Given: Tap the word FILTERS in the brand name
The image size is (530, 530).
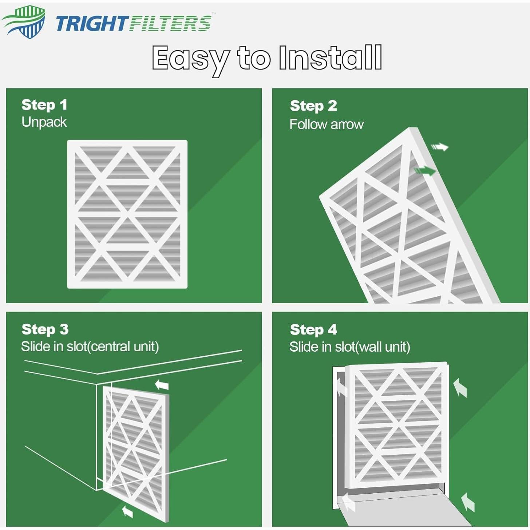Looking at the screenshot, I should pyautogui.click(x=170, y=23).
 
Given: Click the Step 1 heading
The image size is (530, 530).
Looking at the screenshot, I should pyautogui.click(x=44, y=105).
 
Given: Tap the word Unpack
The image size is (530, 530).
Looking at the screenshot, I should pyautogui.click(x=44, y=122).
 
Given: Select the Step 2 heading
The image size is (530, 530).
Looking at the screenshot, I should pyautogui.click(x=313, y=106).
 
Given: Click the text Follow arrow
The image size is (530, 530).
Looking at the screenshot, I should pyautogui.click(x=327, y=124).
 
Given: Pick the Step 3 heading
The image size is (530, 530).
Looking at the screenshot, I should pyautogui.click(x=45, y=329).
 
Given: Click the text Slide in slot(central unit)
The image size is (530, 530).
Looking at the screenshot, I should pyautogui.click(x=90, y=347).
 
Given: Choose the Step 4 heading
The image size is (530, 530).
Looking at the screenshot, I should pyautogui.click(x=313, y=329).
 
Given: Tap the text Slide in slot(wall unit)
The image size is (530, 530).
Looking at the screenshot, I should pyautogui.click(x=350, y=347).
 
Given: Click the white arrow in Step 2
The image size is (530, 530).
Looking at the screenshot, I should pyautogui.click(x=440, y=147).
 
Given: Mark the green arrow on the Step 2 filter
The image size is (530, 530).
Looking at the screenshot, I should pyautogui.click(x=425, y=170).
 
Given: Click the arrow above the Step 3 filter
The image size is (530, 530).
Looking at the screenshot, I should pyautogui.click(x=162, y=384).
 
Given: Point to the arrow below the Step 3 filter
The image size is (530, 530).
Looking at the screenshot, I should pyautogui.click(x=127, y=511).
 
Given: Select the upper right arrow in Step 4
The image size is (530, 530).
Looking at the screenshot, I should pyautogui.click(x=460, y=387).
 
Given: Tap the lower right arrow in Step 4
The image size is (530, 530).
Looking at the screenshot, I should pyautogui.click(x=468, y=502).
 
